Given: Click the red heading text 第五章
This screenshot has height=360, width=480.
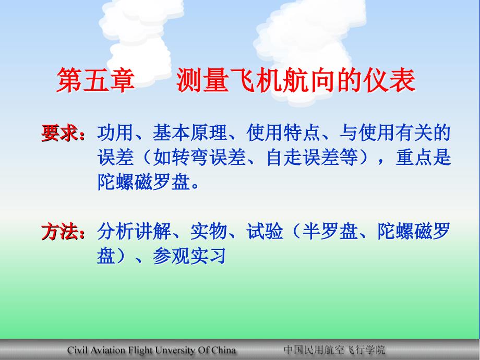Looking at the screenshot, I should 95,81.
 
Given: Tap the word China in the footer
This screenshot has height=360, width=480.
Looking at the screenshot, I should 224,350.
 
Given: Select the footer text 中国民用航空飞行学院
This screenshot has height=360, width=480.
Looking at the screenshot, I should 334,350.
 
